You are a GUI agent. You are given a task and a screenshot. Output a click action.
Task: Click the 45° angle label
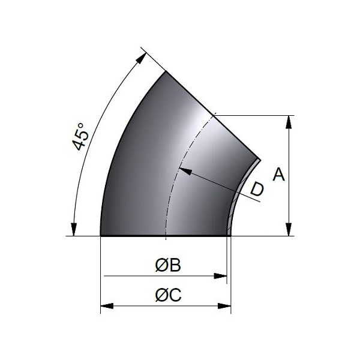(x=80, y=137)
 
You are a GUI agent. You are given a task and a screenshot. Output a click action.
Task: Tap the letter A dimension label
(x=279, y=174)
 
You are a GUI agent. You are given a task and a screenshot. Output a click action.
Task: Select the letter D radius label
(x=257, y=190)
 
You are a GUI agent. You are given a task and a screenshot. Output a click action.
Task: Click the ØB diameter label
(x=168, y=265)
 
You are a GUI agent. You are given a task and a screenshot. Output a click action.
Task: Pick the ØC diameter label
(x=168, y=295)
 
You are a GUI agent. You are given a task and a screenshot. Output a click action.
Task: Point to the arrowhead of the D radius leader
(x=185, y=171)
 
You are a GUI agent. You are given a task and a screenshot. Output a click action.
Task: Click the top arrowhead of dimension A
(x=289, y=122)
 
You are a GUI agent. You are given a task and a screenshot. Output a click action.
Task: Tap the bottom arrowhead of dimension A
(x=289, y=229)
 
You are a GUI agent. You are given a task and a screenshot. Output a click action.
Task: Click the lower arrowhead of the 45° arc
(x=73, y=229)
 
